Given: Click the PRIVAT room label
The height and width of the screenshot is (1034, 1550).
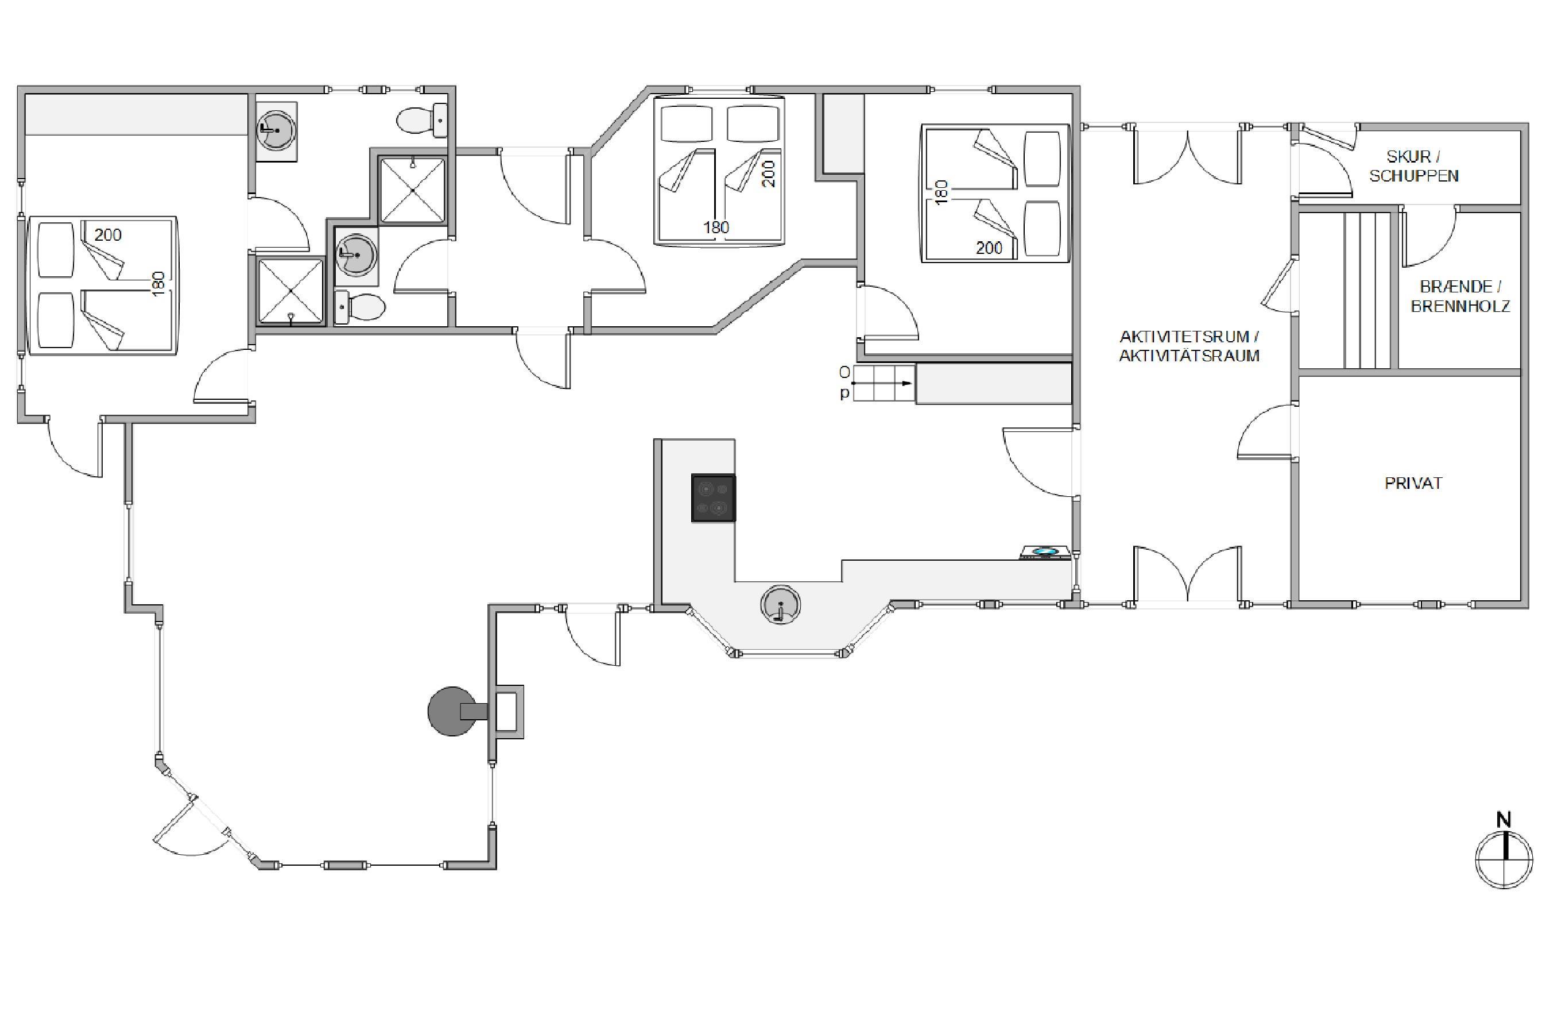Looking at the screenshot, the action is pos(1413,483).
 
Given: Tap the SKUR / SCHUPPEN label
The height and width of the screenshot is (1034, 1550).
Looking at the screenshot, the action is pos(1413,166).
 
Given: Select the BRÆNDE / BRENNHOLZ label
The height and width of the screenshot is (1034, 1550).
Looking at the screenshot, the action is pos(1460,296).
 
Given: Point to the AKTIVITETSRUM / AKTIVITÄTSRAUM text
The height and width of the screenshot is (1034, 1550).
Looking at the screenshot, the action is pos(1189,346).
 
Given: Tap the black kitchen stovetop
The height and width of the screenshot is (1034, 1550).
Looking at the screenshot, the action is pos(713,498).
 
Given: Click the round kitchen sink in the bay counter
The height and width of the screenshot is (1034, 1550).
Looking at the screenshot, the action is pos(780,604).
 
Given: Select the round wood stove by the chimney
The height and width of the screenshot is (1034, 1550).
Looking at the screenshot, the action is pos(452,711).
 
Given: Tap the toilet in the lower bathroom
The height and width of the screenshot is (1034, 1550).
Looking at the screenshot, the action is pos(360,307).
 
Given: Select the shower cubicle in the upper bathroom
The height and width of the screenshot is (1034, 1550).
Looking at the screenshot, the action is pos(413,190).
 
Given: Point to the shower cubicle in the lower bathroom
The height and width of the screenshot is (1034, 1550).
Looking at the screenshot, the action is pos(290,291).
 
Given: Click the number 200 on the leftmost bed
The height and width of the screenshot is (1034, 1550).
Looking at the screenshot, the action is pos(107,235).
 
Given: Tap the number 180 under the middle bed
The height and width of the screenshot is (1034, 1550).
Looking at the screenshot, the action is pos(716,227).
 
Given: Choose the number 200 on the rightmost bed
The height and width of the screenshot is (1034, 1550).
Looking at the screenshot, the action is pos(989,248).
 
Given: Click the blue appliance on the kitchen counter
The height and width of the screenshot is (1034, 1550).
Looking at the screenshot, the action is pos(1043,552).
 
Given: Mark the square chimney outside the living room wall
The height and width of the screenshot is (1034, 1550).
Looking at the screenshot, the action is pos(506,712).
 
